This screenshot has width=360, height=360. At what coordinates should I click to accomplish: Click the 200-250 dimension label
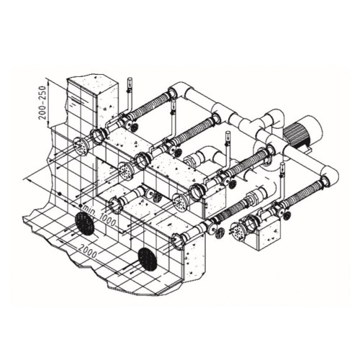click(x=42, y=102)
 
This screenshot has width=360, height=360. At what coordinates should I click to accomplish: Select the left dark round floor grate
click(x=85, y=224)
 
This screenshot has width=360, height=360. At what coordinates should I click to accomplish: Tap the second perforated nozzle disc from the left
click(x=126, y=171)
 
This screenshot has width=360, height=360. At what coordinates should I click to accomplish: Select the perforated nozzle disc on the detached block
click(x=238, y=231)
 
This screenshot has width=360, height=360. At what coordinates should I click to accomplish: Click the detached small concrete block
click(x=269, y=235)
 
